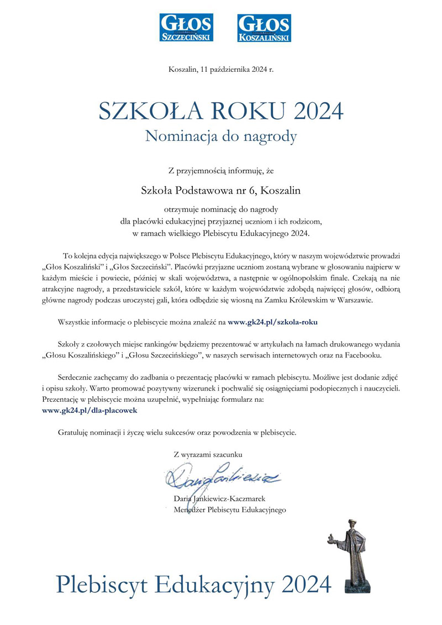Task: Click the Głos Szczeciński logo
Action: (186, 28)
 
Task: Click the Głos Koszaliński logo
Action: (264, 28)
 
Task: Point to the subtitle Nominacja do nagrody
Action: (221, 136)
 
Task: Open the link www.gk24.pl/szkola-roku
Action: (273, 321)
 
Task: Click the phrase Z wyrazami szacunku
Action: (208, 454)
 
